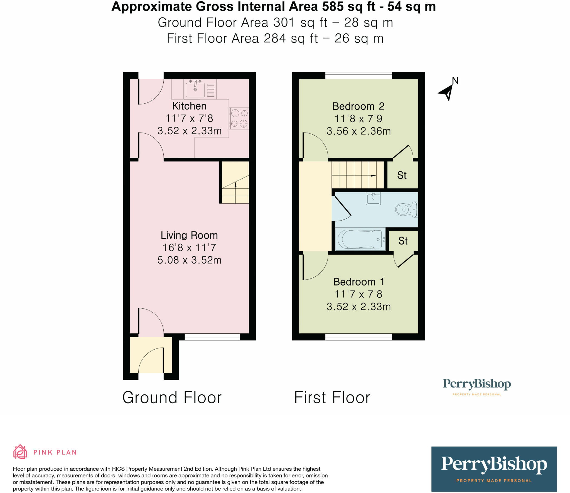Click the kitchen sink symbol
pos(195,89)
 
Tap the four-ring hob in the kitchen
pos(239,118)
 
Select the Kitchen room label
pos(189,106)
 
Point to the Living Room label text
pos(189,235)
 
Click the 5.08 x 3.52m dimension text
pos(189,260)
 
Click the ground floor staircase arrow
pos(235,185)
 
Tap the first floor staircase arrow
pos(373,176)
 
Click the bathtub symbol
pos(360,239)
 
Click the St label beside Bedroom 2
pos(402,175)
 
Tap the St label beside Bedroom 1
pos(403,241)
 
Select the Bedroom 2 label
pos(358,106)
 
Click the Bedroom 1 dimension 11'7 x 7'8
pos(358,294)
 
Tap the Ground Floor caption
pos(172,397)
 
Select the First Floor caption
pos(332,397)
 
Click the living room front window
pos(212,337)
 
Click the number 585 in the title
pos(333,7)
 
